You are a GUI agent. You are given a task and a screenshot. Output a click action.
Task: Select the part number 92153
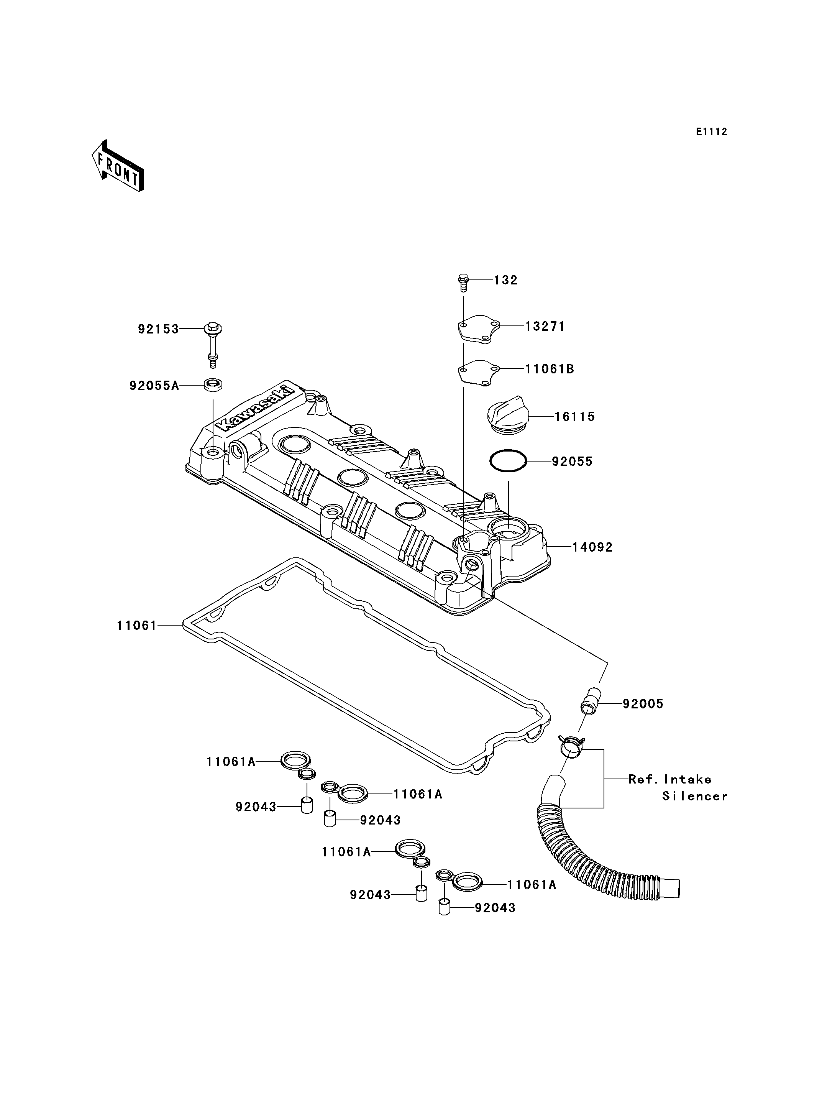click(158, 329)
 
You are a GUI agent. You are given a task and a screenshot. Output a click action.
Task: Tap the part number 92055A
click(154, 386)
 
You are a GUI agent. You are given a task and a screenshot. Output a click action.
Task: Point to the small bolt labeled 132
click(463, 283)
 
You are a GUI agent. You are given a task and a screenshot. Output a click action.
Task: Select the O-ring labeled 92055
click(508, 461)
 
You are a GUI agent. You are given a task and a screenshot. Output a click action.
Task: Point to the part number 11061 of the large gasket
click(136, 625)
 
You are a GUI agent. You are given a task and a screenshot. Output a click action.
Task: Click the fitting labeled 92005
click(590, 699)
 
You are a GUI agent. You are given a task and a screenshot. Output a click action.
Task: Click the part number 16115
click(574, 417)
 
